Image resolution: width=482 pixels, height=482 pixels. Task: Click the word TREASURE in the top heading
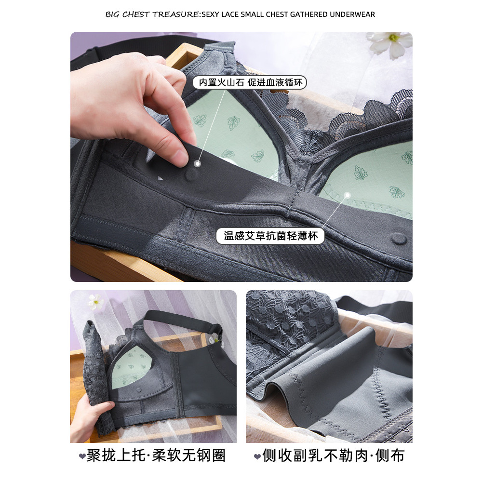pos(176,14)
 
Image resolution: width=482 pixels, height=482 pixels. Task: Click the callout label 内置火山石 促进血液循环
pos(250,82)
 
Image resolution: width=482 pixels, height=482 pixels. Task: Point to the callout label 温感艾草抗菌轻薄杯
pos(270,236)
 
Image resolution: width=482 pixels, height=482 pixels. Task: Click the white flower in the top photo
pos(390,44)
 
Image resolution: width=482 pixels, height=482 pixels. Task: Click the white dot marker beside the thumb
pos(198,163)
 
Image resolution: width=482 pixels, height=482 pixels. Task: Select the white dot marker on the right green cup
pos(348,195)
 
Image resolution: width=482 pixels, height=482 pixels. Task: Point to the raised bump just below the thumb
pos(192,174)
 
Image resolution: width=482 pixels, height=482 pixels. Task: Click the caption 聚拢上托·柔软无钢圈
pos(156,455)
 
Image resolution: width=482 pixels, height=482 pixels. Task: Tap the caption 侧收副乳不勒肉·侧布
pos(333,455)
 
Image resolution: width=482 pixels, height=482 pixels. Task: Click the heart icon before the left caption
pos(82,456)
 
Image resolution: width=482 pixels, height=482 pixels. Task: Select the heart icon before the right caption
pos(257,456)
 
